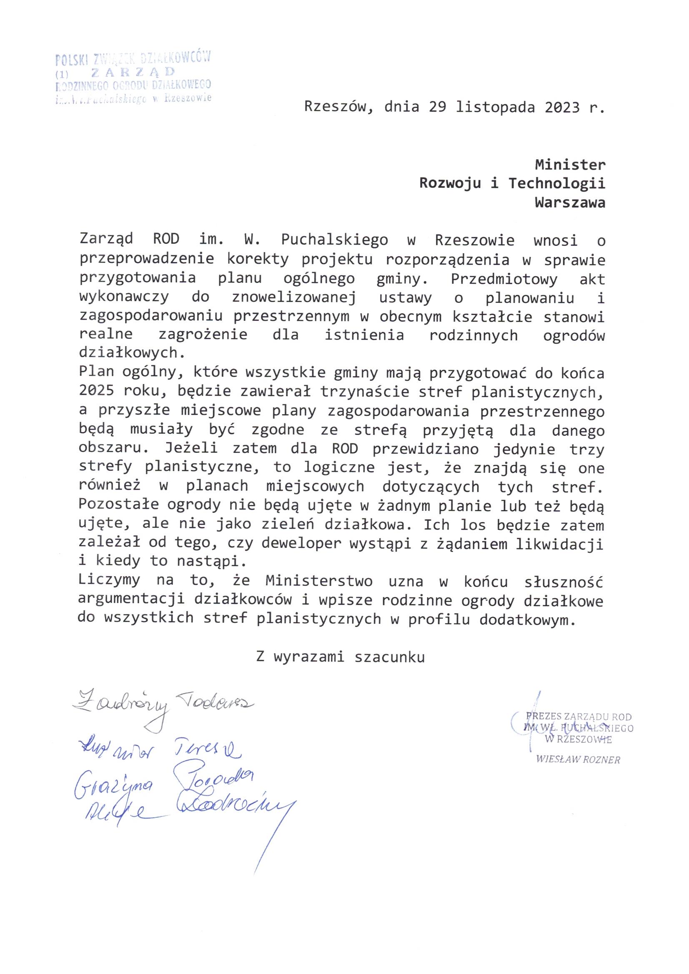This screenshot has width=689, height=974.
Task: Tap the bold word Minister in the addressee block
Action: [x=570, y=164]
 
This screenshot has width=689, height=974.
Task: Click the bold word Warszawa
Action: [x=570, y=202]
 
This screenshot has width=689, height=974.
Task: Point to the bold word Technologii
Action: [x=556, y=183]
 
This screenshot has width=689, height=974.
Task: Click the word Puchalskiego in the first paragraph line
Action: [x=334, y=240]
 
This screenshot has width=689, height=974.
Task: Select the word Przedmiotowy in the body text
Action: [x=504, y=279]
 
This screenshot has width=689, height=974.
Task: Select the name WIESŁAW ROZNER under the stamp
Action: [x=578, y=760]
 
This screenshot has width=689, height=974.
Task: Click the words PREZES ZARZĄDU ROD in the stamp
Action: [x=579, y=717]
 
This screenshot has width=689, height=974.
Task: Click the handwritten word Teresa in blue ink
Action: [x=207, y=750]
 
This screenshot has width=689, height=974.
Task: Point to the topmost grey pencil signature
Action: [x=161, y=706]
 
